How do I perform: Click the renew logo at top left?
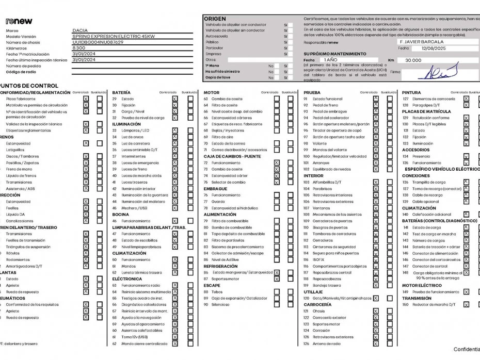(19, 21)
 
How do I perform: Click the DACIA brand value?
(80, 30)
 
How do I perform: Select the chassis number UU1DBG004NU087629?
(98, 42)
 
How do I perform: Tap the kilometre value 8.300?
(79, 48)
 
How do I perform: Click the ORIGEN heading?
(215, 19)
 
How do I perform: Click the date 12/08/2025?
(436, 48)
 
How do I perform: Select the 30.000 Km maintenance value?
(413, 60)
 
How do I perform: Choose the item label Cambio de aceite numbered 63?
(227, 99)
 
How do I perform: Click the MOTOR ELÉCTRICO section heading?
(422, 285)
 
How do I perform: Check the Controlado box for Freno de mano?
(86, 169)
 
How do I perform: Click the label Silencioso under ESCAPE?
(220, 304)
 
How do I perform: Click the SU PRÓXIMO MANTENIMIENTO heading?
(335, 54)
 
